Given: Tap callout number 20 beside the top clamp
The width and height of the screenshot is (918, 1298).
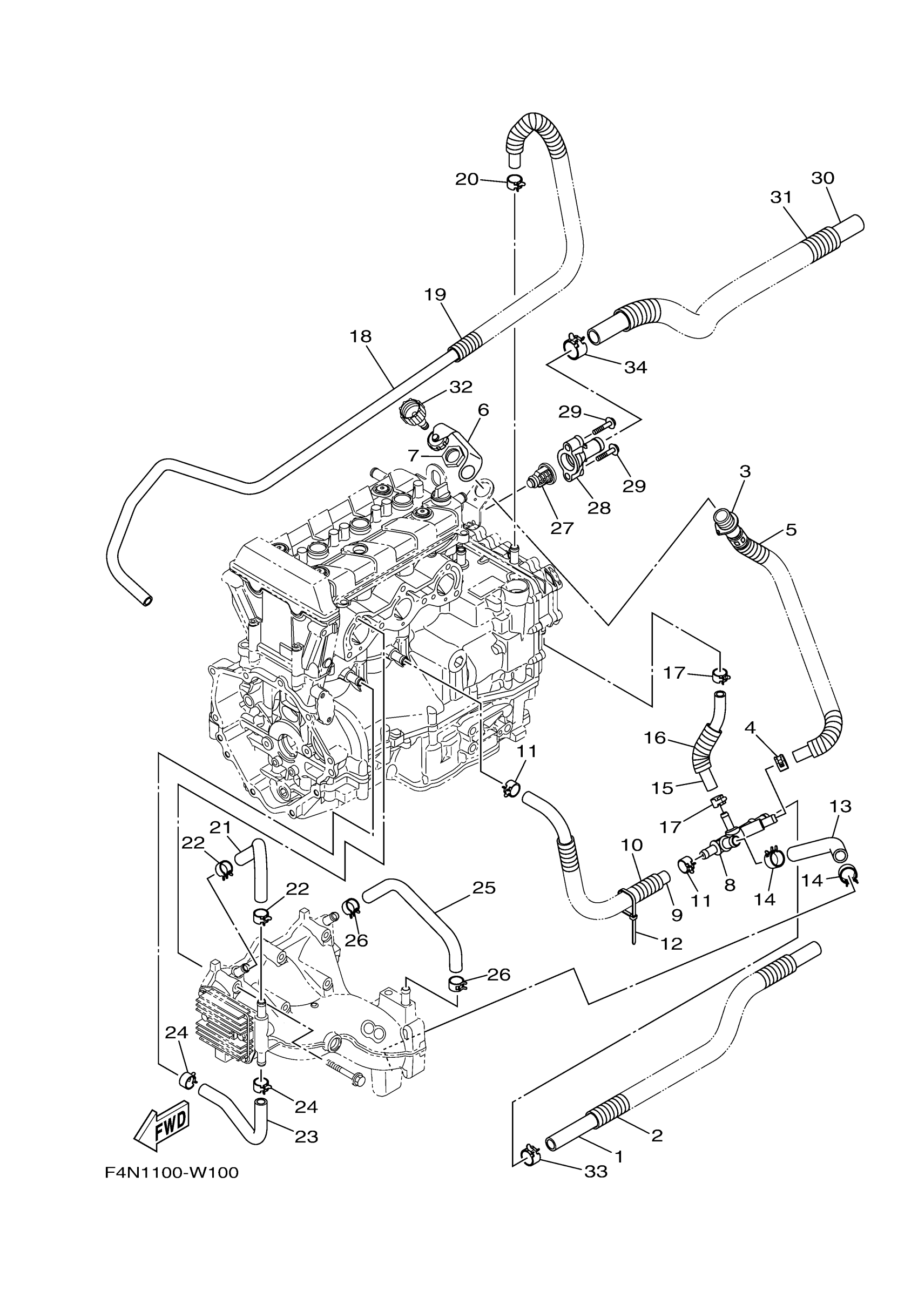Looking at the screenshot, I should (x=467, y=179).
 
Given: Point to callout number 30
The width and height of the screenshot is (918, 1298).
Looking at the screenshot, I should (x=822, y=178).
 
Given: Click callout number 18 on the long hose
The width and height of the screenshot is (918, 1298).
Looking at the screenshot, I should (x=361, y=336).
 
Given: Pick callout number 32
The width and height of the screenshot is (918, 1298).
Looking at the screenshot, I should (x=461, y=387).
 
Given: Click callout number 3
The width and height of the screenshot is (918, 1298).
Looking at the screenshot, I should (x=745, y=471).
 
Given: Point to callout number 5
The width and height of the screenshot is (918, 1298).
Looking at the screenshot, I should (x=791, y=530).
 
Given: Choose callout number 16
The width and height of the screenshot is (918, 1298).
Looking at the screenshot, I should (x=655, y=738).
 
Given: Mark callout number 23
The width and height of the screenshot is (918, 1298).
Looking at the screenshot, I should (x=306, y=1136).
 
